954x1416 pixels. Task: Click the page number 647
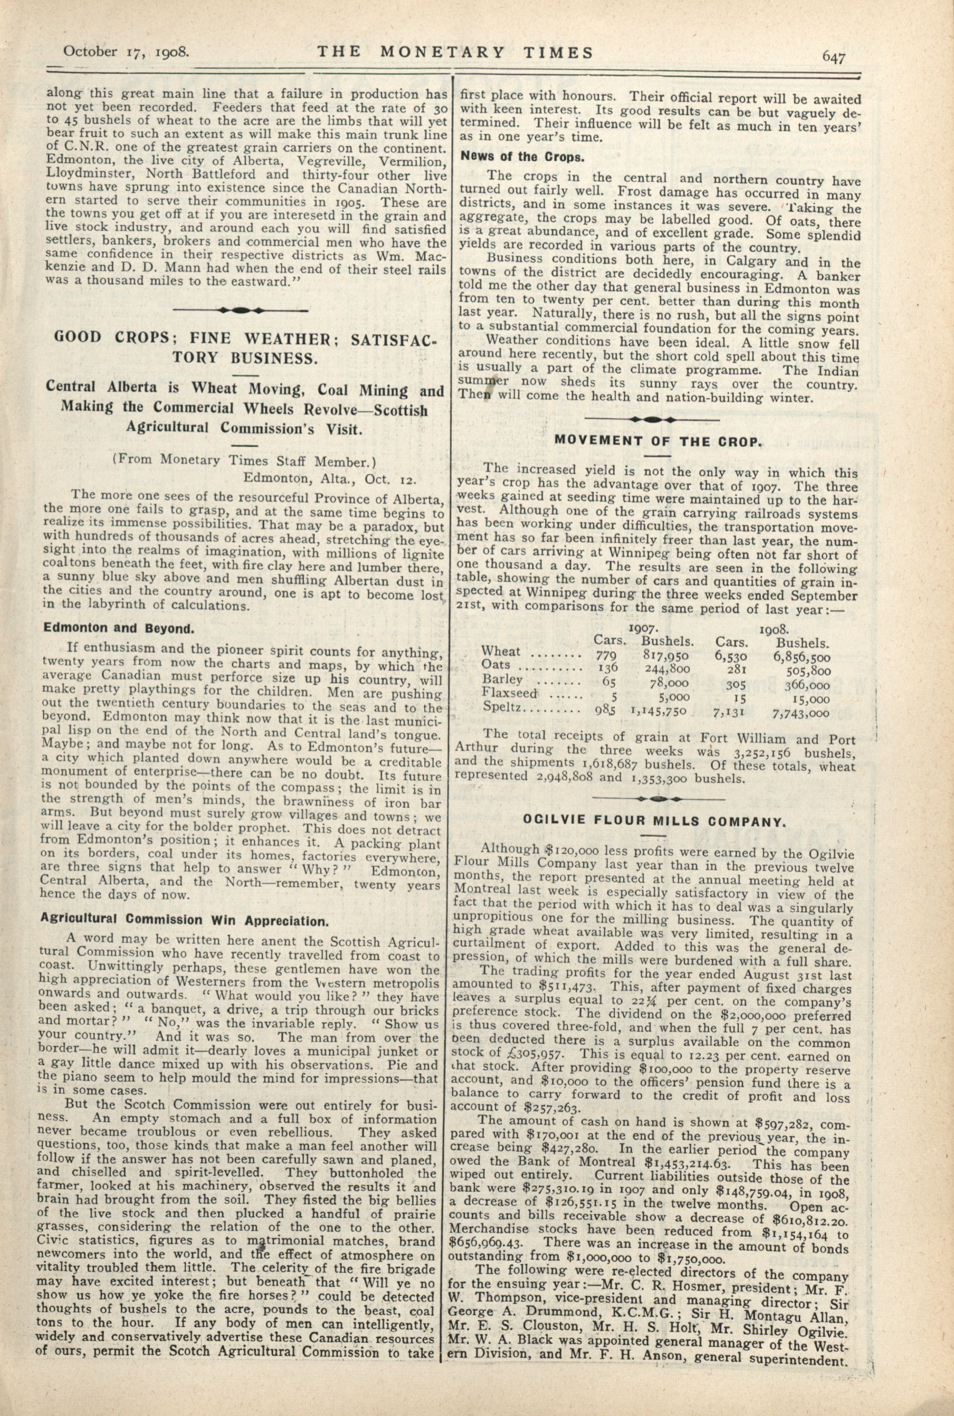click(834, 56)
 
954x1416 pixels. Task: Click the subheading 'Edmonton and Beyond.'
click(118, 628)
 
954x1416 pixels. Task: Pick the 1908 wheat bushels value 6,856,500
click(801, 657)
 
